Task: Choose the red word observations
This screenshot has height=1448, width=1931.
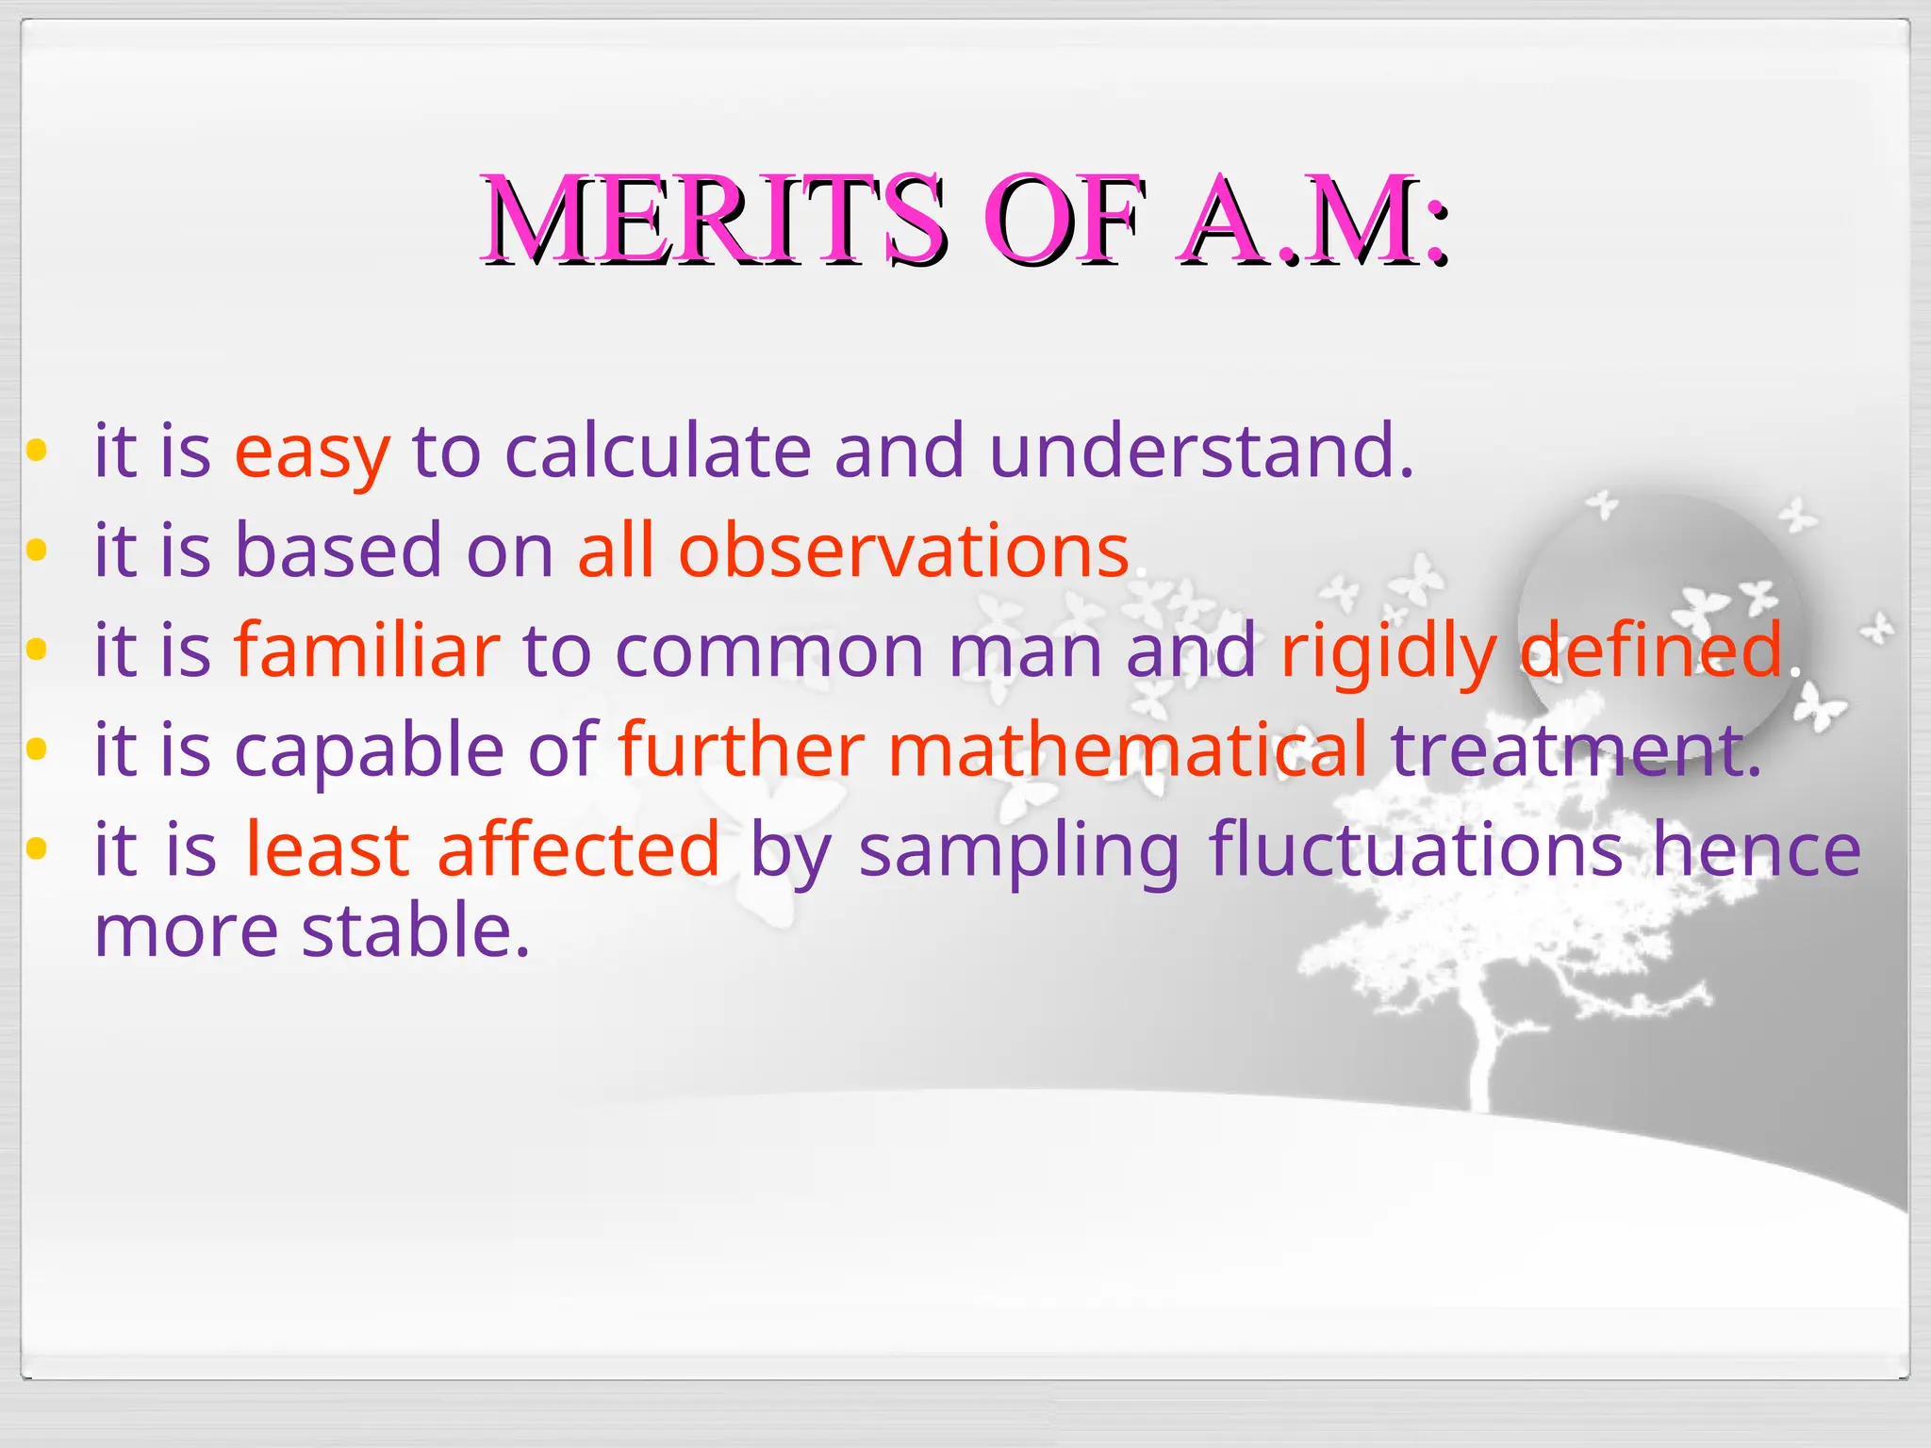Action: (x=903, y=551)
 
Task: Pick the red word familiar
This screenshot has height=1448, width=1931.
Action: (x=367, y=650)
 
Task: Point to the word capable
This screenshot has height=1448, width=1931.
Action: (x=369, y=750)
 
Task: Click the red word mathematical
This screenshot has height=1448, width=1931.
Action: (x=1127, y=749)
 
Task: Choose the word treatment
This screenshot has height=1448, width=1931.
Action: (x=1575, y=749)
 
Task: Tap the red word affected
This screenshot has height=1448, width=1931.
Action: (x=579, y=849)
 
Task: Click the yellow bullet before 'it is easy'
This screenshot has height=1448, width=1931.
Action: (x=36, y=450)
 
